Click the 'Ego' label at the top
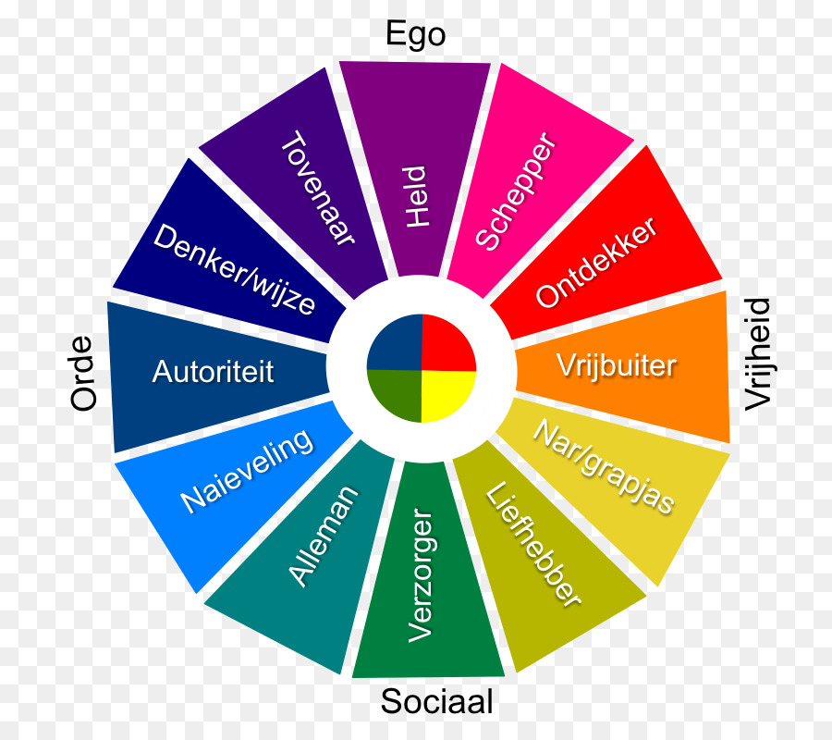pos(415,35)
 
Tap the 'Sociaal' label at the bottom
pos(436,702)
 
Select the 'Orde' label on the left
pos(83,373)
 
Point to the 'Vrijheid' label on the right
pos(757,352)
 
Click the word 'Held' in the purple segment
pos(418,196)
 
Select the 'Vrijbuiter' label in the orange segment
pos(617,364)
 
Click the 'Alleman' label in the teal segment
pos(324,536)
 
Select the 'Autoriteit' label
pos(214,372)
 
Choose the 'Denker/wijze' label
pos(234,268)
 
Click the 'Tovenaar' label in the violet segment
pos(318,190)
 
